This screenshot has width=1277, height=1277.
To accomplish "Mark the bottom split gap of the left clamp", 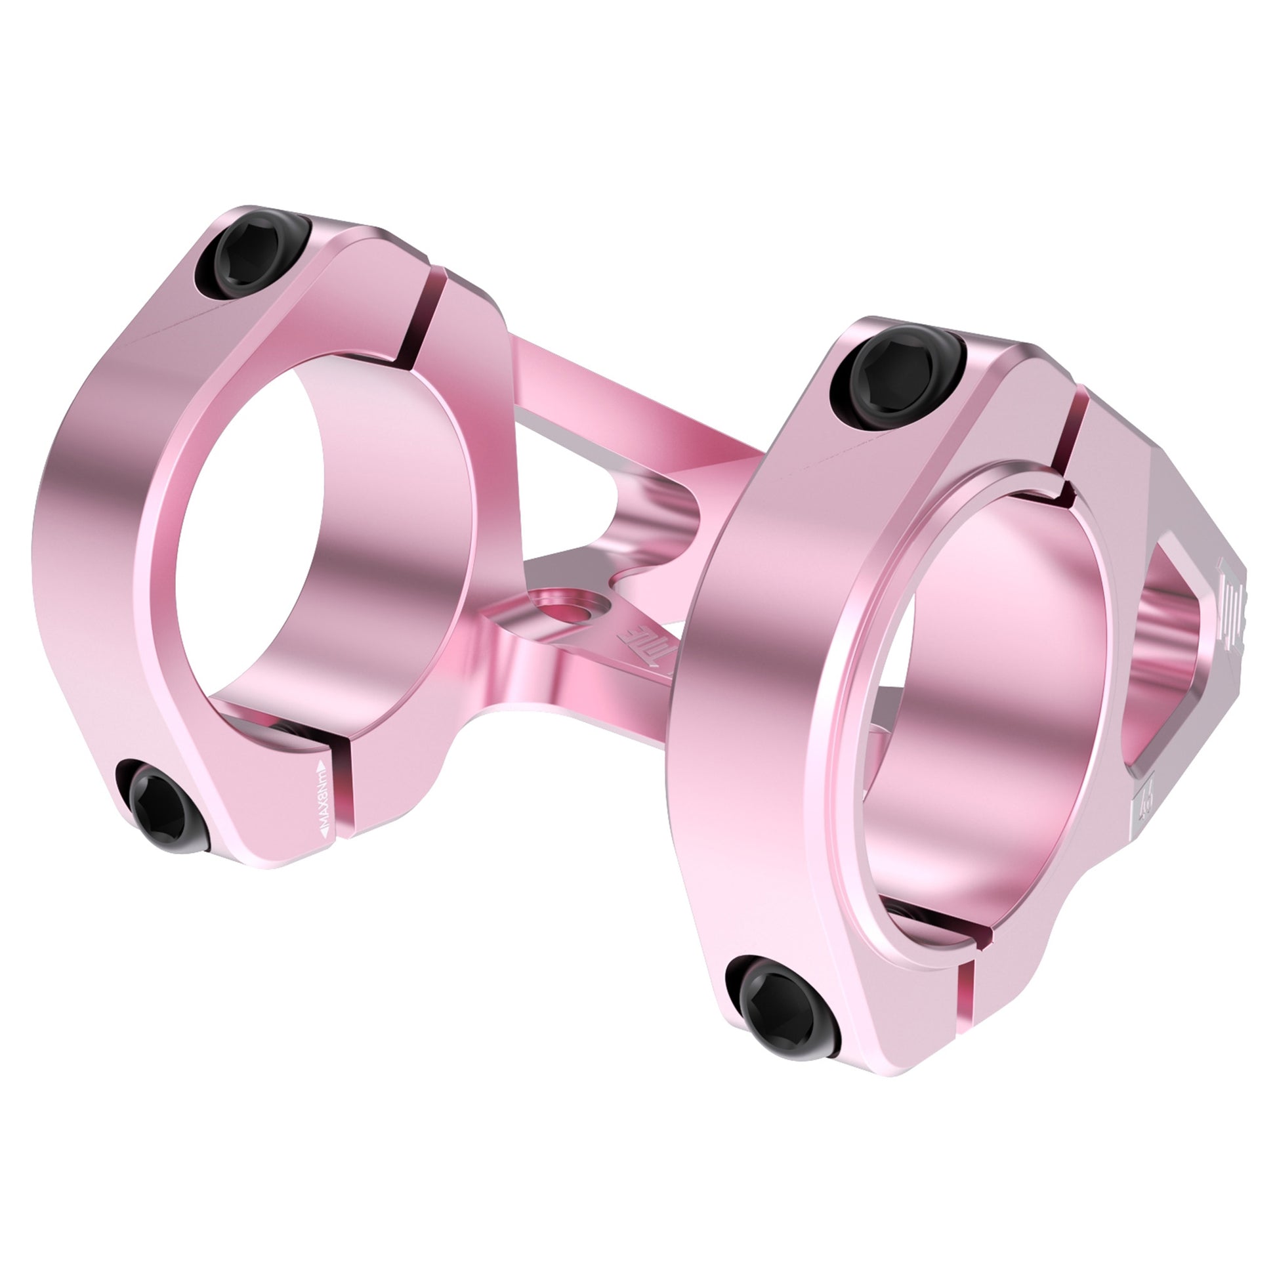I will [x=344, y=793].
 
